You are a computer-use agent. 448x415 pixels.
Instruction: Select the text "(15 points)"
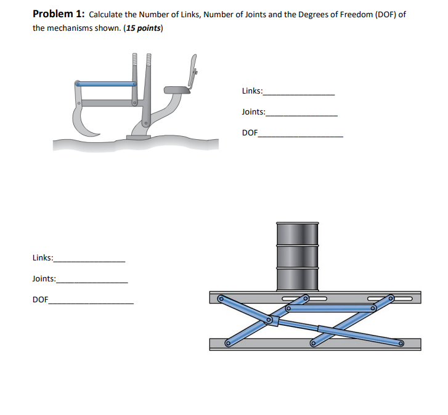pos(143,28)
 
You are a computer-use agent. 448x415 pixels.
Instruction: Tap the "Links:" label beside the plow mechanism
pos(252,91)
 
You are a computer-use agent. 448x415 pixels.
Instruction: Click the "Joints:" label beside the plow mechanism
pos(253,112)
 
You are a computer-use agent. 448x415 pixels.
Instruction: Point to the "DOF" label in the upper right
pos(250,133)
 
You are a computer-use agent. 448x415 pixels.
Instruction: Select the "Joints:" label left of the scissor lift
pos(44,279)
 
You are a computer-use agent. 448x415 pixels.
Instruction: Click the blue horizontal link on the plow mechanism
pos(105,83)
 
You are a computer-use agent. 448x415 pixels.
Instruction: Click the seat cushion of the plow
pos(177,91)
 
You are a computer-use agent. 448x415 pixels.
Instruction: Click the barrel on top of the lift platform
pos(298,256)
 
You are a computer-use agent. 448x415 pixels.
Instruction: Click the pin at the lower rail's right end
pos(401,344)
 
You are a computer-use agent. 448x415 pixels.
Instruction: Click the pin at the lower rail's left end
pos(227,344)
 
